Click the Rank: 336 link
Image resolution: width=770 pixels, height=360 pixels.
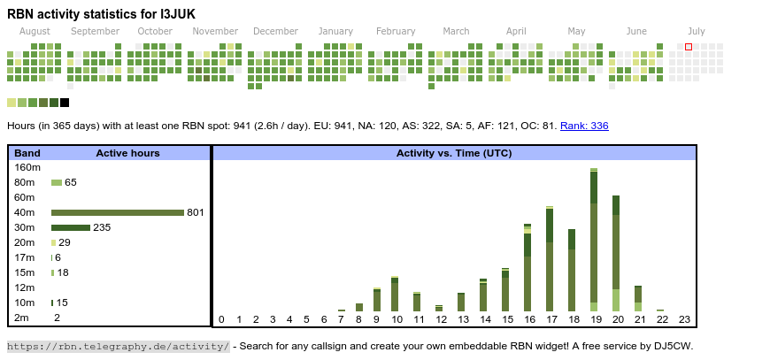584,126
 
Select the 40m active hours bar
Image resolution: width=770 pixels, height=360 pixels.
117,212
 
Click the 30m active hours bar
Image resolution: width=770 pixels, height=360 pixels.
71,227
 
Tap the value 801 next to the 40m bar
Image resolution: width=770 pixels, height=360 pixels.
196,212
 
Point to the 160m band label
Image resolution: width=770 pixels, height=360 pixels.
28,167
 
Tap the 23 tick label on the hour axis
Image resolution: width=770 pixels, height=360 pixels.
684,319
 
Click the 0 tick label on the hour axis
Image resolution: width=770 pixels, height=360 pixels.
221,319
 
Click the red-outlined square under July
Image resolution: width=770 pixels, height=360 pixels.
689,47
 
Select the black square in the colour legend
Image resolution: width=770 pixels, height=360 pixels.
65,103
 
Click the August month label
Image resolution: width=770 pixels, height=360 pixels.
35,31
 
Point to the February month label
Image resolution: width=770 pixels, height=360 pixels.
396,31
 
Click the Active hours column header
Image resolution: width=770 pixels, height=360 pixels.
127,153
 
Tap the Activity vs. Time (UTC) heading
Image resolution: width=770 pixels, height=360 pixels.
454,153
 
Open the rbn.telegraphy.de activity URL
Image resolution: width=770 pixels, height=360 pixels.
119,346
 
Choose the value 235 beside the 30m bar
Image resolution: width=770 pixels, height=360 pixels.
102,227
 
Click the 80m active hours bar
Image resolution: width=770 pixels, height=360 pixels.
57,182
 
